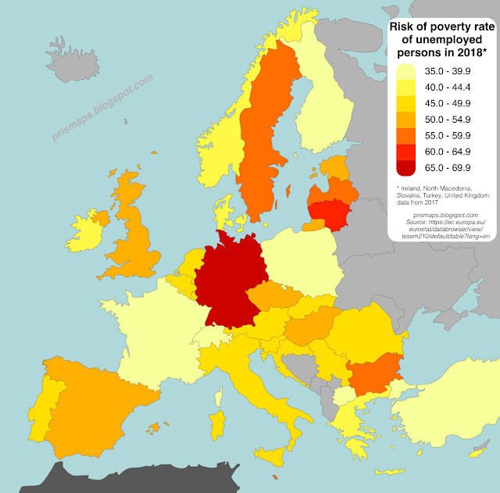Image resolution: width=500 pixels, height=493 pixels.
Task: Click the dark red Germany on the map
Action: (x=230, y=281)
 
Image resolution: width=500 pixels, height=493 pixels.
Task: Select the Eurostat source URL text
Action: (x=442, y=228)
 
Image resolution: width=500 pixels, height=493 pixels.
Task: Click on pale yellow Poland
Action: (x=301, y=262)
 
